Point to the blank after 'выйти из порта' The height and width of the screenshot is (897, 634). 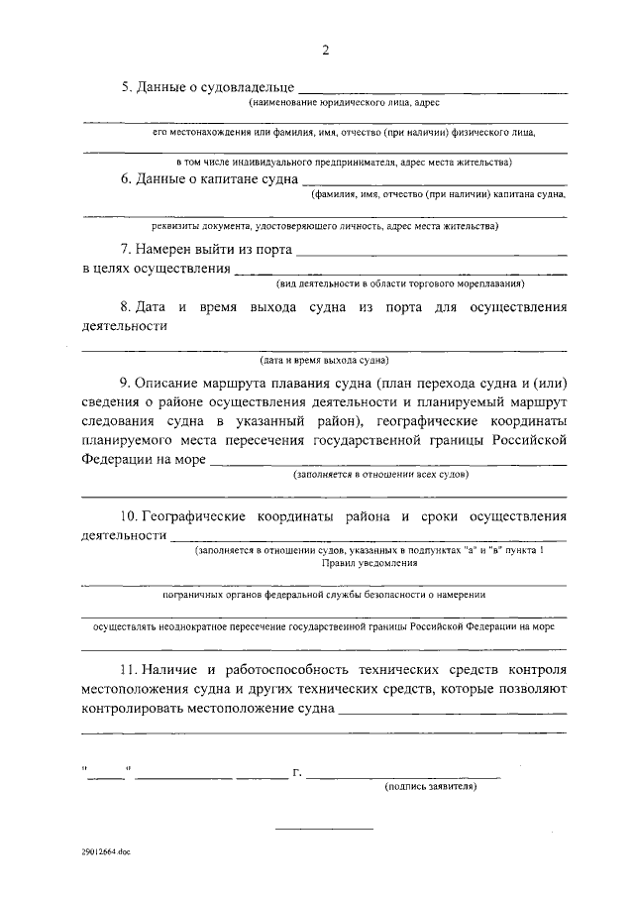point(432,252)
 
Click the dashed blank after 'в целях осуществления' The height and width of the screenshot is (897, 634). point(401,271)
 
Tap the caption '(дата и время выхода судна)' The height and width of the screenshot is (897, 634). point(324,359)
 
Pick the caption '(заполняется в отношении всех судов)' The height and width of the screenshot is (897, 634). point(373,475)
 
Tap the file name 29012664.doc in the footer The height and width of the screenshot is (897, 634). point(106,851)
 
